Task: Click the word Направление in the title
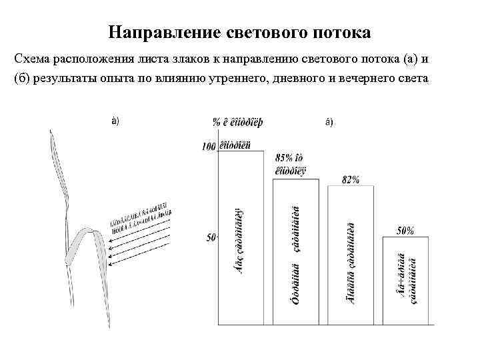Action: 150,32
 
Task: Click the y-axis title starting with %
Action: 237,122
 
